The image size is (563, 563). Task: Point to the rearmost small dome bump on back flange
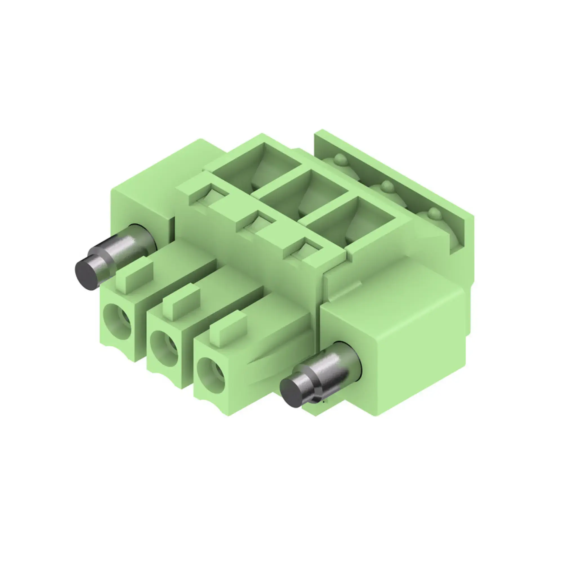(x=339, y=159)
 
